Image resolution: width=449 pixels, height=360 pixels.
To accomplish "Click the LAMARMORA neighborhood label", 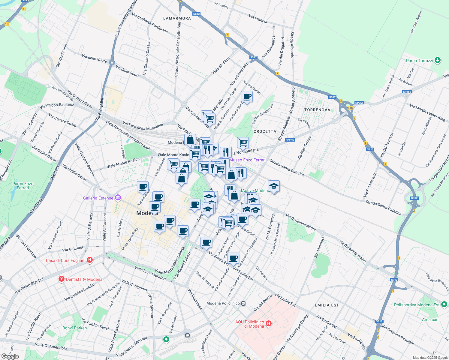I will coord(177,18).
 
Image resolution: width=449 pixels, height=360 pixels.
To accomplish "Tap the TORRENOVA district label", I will coord(317,110).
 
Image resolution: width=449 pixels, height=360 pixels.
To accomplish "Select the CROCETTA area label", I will coord(265,131).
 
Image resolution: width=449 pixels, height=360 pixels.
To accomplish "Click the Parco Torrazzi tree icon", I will coord(438,60).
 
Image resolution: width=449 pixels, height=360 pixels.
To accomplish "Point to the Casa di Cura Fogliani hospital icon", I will coord(89,260).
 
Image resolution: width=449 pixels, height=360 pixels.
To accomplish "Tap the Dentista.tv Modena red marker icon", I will coord(62,279).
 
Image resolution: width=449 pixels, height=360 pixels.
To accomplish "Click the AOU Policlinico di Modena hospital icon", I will coord(269,323).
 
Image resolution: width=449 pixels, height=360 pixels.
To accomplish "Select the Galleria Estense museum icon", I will coord(118,198).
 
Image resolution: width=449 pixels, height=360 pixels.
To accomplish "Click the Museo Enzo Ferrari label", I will coord(247,160).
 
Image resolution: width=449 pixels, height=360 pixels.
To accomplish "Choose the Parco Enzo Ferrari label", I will coord(23,186).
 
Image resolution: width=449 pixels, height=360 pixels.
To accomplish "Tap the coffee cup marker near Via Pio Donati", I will coord(247,97).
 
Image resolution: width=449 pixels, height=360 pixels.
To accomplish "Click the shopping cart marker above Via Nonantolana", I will coord(243,142).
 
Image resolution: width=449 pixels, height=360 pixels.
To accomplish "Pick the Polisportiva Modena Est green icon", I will coord(444,305).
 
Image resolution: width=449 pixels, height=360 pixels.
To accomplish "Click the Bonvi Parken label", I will coord(75,328).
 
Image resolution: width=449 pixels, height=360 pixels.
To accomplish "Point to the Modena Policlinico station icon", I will coord(243,303).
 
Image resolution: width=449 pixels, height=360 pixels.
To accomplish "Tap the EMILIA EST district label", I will coord(327,305).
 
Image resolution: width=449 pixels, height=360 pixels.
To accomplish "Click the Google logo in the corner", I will coord(10,356).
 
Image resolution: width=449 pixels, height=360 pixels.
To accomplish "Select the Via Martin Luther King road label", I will coord(427,112).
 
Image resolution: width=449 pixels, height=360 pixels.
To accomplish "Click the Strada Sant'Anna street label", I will coord(62,55).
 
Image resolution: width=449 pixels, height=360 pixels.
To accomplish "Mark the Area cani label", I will coord(430,319).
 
